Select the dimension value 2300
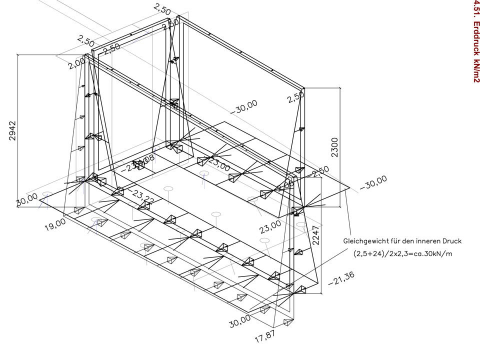click(334, 147)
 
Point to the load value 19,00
click(55, 222)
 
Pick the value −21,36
click(341, 281)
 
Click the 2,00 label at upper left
click(76, 63)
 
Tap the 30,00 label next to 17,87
click(240, 321)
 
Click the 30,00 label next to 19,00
click(27, 199)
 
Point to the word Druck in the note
click(451, 241)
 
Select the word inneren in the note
click(427, 241)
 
